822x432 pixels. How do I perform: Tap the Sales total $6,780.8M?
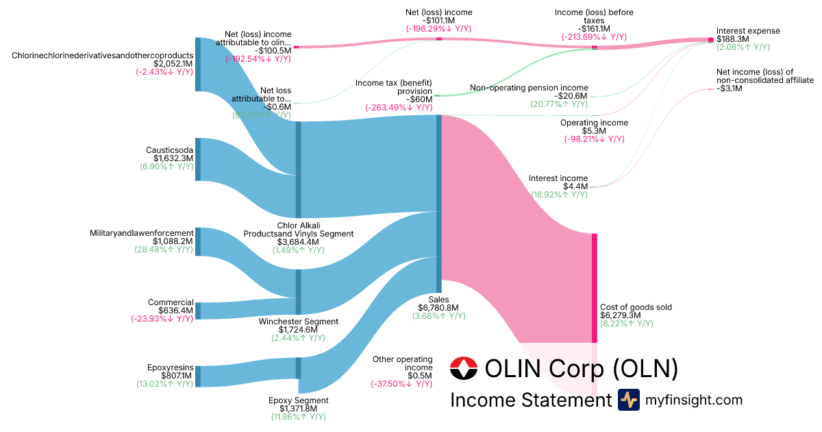(439, 308)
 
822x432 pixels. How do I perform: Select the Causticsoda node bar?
(198, 159)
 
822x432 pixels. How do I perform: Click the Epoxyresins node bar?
(198, 376)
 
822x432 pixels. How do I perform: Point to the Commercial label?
(171, 302)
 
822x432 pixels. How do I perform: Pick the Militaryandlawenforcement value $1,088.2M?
(173, 241)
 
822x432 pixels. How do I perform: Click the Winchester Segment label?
(298, 322)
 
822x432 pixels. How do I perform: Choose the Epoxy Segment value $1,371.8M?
(298, 409)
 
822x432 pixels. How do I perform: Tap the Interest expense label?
(748, 31)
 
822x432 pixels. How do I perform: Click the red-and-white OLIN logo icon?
(464, 369)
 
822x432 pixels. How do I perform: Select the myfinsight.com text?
(693, 400)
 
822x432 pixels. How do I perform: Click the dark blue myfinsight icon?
(629, 400)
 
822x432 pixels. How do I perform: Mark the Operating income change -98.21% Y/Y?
(595, 139)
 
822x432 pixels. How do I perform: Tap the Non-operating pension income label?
(529, 88)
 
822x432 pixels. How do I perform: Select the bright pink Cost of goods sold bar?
(595, 288)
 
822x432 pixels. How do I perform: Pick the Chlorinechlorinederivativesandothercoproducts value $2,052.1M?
(164, 64)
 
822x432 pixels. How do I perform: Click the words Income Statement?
(530, 400)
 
